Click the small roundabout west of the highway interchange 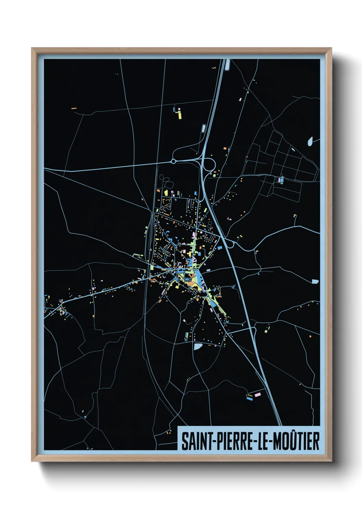point(173,161)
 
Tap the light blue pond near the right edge point(310,141)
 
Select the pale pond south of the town point(198,346)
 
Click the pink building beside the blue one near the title point(258,394)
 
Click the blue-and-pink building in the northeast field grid point(281,179)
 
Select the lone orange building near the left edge point(73,108)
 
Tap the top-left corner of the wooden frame point(32,48)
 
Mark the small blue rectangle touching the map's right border point(315,281)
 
